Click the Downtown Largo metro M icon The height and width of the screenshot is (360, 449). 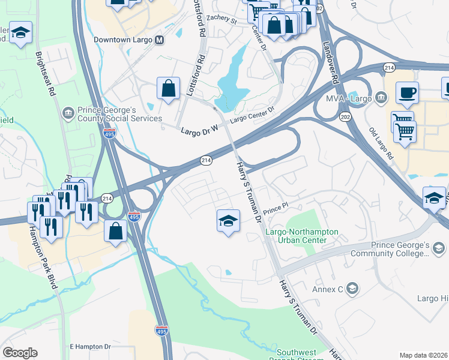pyautogui.click(x=159, y=40)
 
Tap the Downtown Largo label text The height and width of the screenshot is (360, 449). pyautogui.click(x=123, y=40)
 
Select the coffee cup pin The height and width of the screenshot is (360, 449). pyautogui.click(x=407, y=92)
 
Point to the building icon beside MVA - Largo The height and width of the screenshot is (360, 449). pyautogui.click(x=381, y=97)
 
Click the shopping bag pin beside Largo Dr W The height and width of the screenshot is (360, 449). pyautogui.click(x=169, y=88)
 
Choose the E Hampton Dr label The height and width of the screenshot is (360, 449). pyautogui.click(x=91, y=347)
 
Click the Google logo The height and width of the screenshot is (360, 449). pyautogui.click(x=20, y=353)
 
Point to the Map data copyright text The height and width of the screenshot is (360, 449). pyautogui.click(x=423, y=355)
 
